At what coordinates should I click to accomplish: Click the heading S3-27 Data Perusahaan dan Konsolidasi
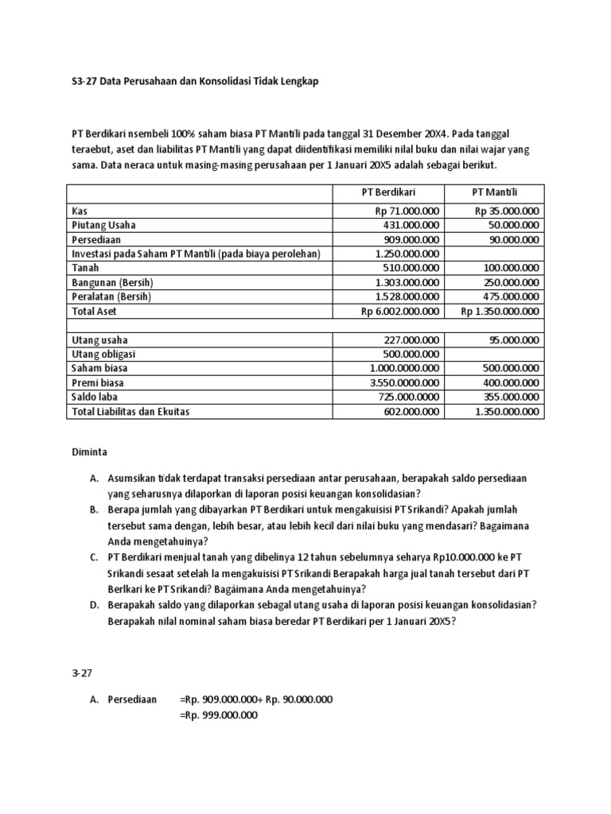[194, 82]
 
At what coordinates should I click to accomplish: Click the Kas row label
[79, 211]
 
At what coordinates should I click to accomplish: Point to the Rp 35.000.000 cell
[507, 211]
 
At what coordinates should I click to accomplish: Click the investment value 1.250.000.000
[405, 254]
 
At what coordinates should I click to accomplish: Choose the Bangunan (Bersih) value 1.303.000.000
[405, 282]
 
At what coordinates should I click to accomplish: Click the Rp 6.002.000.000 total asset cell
[399, 312]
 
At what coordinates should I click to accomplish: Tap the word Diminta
[89, 451]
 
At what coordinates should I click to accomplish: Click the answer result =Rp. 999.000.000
[219, 715]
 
